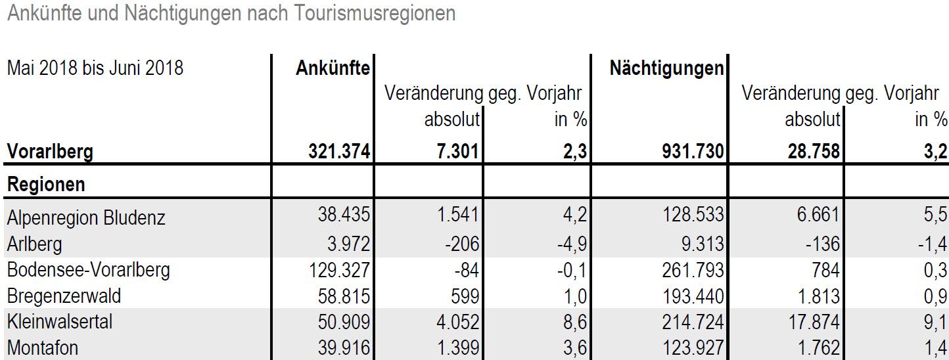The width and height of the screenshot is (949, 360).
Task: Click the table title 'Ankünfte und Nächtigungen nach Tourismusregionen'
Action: [x=231, y=14]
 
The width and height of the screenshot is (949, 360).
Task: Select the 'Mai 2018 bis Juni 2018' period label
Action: [x=95, y=68]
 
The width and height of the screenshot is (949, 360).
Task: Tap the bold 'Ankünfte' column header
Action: [x=333, y=68]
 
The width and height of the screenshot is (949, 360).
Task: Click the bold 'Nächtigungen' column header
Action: [x=667, y=68]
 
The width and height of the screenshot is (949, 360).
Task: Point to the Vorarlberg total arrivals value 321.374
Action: [x=339, y=151]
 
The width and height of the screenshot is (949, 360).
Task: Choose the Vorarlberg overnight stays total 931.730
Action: [x=693, y=151]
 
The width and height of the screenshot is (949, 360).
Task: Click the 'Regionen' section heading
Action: [x=46, y=185]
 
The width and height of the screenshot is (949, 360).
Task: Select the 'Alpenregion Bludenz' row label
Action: [x=86, y=217]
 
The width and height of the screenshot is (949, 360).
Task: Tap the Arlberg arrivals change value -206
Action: [x=462, y=244]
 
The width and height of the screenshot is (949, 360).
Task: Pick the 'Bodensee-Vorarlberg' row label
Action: [x=89, y=270]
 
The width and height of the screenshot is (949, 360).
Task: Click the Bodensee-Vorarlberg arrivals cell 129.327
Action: [x=339, y=270]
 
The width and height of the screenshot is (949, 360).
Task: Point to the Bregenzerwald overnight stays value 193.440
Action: [x=693, y=296]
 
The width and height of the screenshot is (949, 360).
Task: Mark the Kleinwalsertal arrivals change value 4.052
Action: [x=457, y=322]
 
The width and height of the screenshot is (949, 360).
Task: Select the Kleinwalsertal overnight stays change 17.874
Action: [x=814, y=322]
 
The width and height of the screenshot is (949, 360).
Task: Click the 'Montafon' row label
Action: [x=43, y=348]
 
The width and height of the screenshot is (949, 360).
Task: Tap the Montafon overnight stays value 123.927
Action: [x=693, y=348]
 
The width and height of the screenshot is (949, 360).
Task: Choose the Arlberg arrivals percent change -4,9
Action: [x=572, y=244]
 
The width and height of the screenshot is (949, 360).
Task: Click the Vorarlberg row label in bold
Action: [x=50, y=152]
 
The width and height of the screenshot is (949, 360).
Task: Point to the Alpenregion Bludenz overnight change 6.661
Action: [x=818, y=214]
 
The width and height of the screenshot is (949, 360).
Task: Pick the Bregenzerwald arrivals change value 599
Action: [x=465, y=296]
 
